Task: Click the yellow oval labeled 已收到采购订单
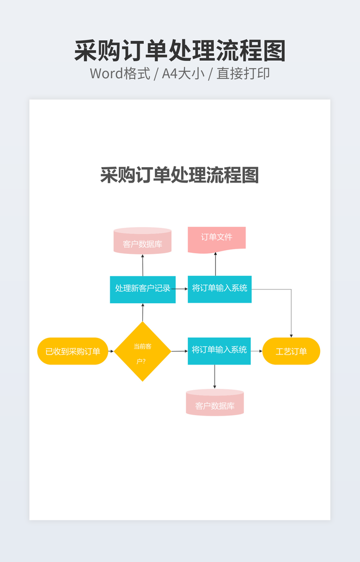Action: pyautogui.click(x=72, y=351)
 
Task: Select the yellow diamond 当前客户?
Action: pyautogui.click(x=142, y=351)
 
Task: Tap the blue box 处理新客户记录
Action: pyautogui.click(x=142, y=289)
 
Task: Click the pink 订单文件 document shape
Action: pyautogui.click(x=216, y=238)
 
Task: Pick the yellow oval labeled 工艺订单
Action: pyautogui.click(x=291, y=351)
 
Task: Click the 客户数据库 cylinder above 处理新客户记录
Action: pyautogui.click(x=142, y=242)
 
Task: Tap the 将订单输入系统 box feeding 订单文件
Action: pyautogui.click(x=219, y=289)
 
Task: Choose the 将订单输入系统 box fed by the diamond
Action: pyautogui.click(x=219, y=351)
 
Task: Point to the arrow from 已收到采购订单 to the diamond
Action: pyautogui.click(x=111, y=351)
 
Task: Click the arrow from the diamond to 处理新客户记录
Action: pyautogui.click(x=143, y=312)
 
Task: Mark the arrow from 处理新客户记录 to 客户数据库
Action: pyautogui.click(x=143, y=265)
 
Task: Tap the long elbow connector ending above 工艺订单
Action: pyautogui.click(x=291, y=309)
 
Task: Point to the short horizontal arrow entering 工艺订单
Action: pyautogui.click(x=257, y=351)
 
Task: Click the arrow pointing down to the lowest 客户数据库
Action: pyautogui.click(x=215, y=377)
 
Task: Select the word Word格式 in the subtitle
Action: pyautogui.click(x=119, y=73)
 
